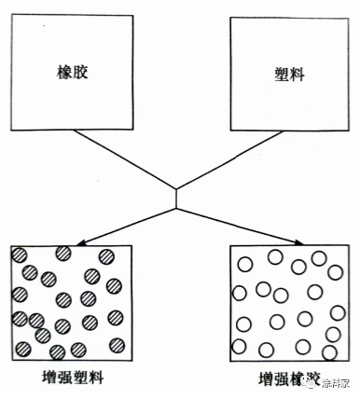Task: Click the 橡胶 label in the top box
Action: pos(63,72)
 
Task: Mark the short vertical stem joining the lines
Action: pos(176,198)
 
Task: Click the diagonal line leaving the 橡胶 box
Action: pos(121,159)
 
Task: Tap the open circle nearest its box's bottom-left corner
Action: pos(239,347)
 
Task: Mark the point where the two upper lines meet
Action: pos(176,191)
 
